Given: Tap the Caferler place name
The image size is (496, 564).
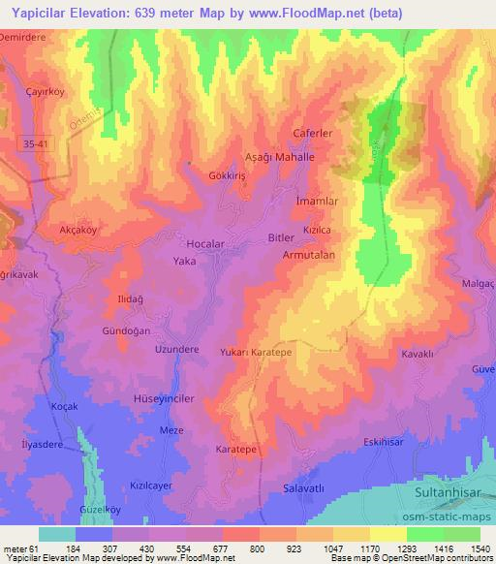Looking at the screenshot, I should pyautogui.click(x=313, y=133).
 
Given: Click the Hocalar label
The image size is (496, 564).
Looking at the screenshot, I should pyautogui.click(x=205, y=244).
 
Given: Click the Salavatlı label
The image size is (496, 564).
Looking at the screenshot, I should pyautogui.click(x=301, y=488).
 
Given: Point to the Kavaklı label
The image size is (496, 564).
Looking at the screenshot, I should pyautogui.click(x=418, y=355).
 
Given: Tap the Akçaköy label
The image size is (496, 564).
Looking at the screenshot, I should pyautogui.click(x=79, y=232).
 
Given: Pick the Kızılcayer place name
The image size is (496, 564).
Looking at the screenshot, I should pyautogui.click(x=150, y=486).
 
